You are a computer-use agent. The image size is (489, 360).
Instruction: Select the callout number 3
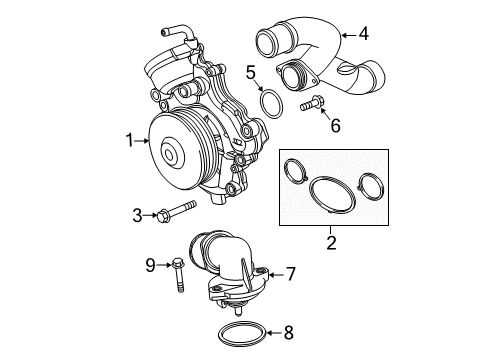tap(138, 214)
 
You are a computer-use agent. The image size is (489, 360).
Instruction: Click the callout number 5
tap(252, 71)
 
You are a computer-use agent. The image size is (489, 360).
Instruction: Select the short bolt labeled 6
tap(308, 103)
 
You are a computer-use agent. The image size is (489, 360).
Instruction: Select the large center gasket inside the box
tap(330, 195)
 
